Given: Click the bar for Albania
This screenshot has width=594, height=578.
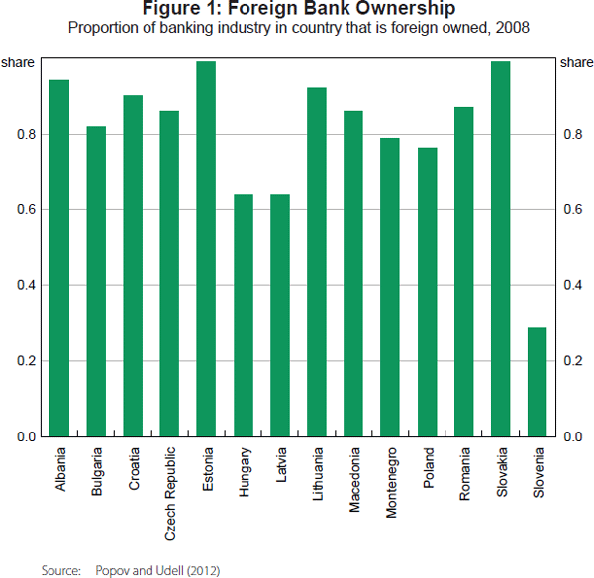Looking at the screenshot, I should [x=59, y=257].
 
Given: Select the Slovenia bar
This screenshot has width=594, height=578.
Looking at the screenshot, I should [x=537, y=381].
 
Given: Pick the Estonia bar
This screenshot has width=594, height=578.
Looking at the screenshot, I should [x=206, y=248].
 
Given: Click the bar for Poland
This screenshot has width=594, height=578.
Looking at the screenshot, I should [x=427, y=292].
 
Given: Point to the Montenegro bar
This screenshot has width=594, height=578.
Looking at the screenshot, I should [x=390, y=287].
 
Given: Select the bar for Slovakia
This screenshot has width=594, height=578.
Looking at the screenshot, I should [x=500, y=248].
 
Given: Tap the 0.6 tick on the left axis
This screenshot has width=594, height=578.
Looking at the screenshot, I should [x=27, y=210].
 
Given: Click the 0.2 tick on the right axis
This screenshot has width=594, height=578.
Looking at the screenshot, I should [x=571, y=361].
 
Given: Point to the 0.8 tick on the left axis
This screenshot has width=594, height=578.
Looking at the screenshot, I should [x=27, y=134].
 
